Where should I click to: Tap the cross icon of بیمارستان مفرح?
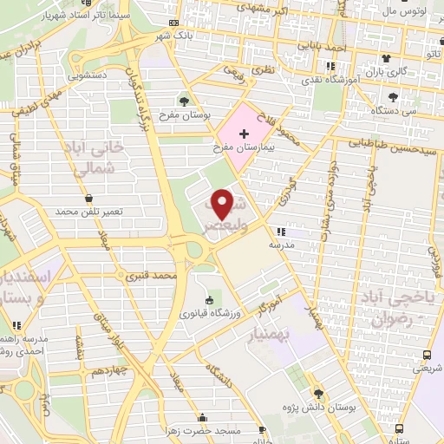[x=244, y=134]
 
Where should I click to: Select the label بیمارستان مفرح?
[x=244, y=148]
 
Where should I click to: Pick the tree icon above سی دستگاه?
[x=395, y=97]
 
